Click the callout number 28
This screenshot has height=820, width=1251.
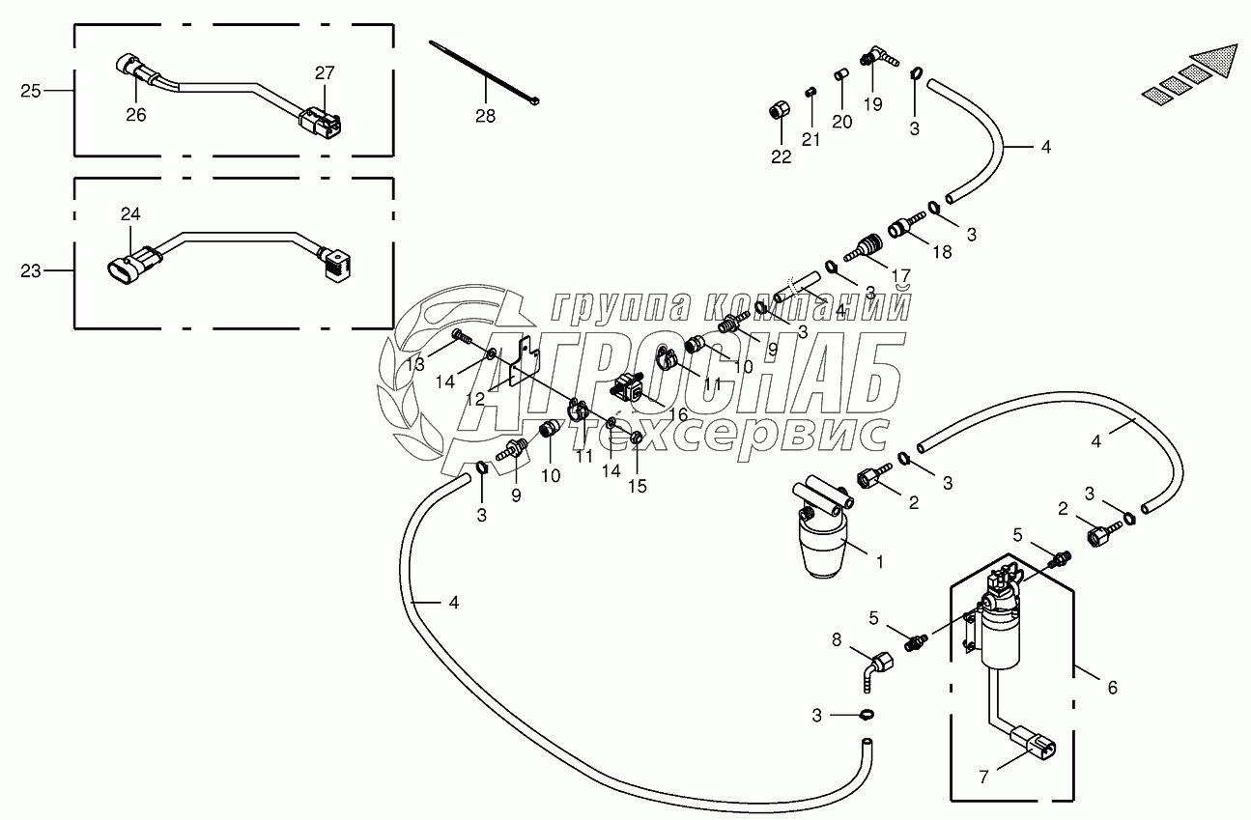[485, 116]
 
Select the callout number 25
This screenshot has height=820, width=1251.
[31, 91]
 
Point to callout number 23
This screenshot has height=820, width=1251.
[31, 271]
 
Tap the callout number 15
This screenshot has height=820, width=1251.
[637, 486]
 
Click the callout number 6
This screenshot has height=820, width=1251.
[1112, 688]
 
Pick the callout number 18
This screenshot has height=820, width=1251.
[942, 251]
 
